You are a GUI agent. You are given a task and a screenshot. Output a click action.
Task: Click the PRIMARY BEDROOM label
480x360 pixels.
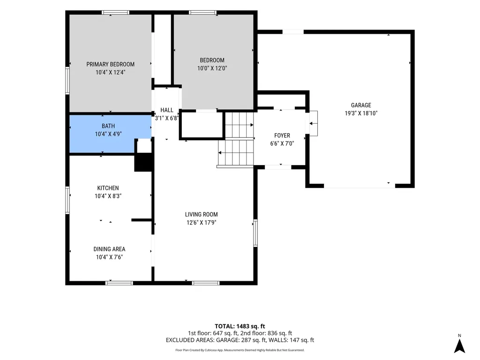click(110, 64)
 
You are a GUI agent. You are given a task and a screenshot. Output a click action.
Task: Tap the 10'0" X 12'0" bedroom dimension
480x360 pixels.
click(212, 68)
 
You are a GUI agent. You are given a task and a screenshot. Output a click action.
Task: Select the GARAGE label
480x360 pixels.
click(361, 105)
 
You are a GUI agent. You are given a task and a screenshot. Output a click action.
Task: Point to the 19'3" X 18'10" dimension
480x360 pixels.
click(361, 113)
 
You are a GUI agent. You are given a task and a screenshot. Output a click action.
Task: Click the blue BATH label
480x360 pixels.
click(108, 126)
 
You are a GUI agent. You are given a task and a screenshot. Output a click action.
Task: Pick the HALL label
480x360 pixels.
click(167, 110)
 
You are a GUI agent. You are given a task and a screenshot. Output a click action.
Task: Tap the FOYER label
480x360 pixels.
click(282, 135)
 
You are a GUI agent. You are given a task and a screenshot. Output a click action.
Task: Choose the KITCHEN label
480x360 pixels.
click(108, 188)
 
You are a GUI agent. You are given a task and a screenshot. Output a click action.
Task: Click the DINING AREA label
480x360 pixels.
click(109, 249)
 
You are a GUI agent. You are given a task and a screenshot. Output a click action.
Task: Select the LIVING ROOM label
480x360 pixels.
click(202, 215)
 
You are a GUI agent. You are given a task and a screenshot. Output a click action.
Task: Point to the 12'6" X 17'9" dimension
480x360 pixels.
click(202, 223)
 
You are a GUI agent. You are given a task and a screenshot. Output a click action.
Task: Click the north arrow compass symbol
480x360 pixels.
click(459, 346)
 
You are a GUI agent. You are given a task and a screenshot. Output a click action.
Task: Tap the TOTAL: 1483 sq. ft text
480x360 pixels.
click(240, 326)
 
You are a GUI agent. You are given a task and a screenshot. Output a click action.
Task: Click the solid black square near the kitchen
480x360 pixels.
click(143, 162)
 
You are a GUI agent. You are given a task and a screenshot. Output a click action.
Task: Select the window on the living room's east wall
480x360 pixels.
click(255, 232)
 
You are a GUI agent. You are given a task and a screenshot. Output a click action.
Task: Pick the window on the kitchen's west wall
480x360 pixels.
click(67, 200)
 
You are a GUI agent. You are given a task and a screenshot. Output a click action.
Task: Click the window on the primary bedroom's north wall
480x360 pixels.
click(115, 13)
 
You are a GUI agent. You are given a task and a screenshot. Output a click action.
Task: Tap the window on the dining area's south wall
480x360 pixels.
click(119, 283)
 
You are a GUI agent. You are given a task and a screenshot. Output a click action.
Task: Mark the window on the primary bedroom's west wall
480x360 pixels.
click(67, 81)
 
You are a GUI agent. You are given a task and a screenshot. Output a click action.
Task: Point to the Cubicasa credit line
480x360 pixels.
click(240, 350)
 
